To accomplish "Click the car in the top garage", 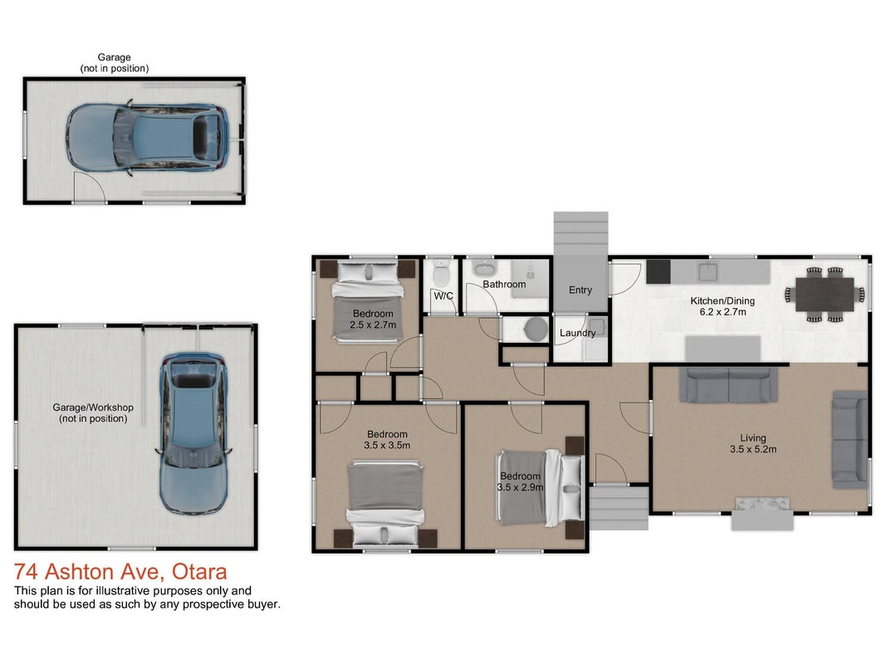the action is [148, 139].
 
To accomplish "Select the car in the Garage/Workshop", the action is [193, 433].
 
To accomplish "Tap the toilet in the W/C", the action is [441, 273].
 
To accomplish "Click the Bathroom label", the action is [504, 284].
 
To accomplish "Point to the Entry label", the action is [580, 290].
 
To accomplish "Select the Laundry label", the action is [577, 333].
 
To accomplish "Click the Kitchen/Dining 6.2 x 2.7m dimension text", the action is [722, 312].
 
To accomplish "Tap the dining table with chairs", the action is [825, 295].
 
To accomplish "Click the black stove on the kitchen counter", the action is [658, 271].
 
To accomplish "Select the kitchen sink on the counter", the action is [707, 271].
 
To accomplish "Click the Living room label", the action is [753, 437].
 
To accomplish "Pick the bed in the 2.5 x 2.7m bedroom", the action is [368, 301].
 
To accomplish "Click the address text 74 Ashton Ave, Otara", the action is [120, 572].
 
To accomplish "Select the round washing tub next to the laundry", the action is [535, 330].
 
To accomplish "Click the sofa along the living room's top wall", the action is [729, 385].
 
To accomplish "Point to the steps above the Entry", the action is [581, 234].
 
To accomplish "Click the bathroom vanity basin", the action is [484, 267].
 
